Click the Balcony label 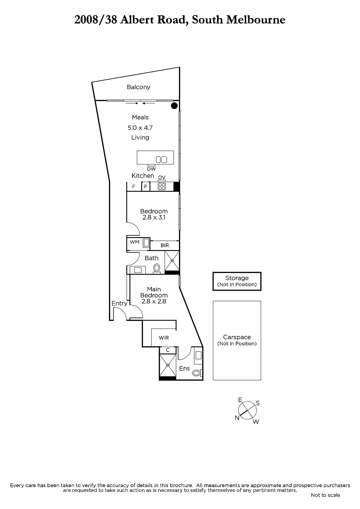tap(138, 87)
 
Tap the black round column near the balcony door tap(174, 106)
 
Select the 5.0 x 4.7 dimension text tap(140, 128)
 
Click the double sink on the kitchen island tap(161, 159)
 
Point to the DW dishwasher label tap(152, 169)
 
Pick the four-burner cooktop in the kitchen tap(162, 186)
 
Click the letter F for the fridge tap(134, 186)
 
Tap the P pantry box tap(146, 186)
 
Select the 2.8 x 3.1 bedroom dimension tap(154, 218)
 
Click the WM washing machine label tap(134, 242)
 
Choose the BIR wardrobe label tap(165, 245)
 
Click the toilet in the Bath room tap(157, 268)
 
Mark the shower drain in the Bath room tap(172, 261)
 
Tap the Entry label tap(119, 303)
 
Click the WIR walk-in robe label tap(164, 338)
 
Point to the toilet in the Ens tap(197, 373)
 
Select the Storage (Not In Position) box tap(237, 281)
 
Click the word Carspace tap(237, 337)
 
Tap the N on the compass tap(237, 418)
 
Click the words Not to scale tap(325, 495)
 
